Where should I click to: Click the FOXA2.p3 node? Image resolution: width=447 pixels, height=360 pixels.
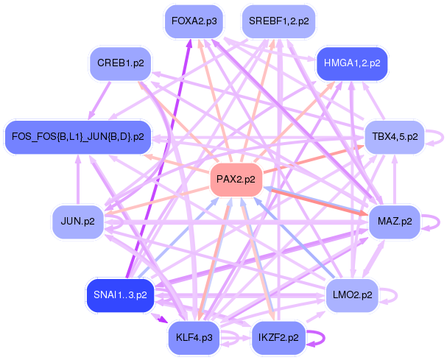click(x=194, y=21)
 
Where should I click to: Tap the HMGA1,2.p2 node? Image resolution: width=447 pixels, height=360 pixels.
click(x=351, y=64)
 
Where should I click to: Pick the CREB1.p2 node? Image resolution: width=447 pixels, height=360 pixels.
click(x=120, y=64)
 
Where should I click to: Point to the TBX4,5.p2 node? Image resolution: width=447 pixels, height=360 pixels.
click(x=395, y=137)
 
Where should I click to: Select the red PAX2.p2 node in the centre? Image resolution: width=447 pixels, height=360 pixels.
click(x=236, y=180)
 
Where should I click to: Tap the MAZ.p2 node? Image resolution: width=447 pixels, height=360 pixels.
click(x=395, y=221)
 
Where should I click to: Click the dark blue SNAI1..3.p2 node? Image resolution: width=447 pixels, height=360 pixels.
click(x=120, y=295)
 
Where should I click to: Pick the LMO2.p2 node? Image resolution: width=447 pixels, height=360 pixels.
click(x=351, y=295)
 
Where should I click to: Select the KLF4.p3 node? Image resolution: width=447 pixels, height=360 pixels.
click(x=194, y=338)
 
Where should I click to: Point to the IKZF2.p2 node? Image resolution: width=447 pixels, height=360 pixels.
click(x=278, y=338)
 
